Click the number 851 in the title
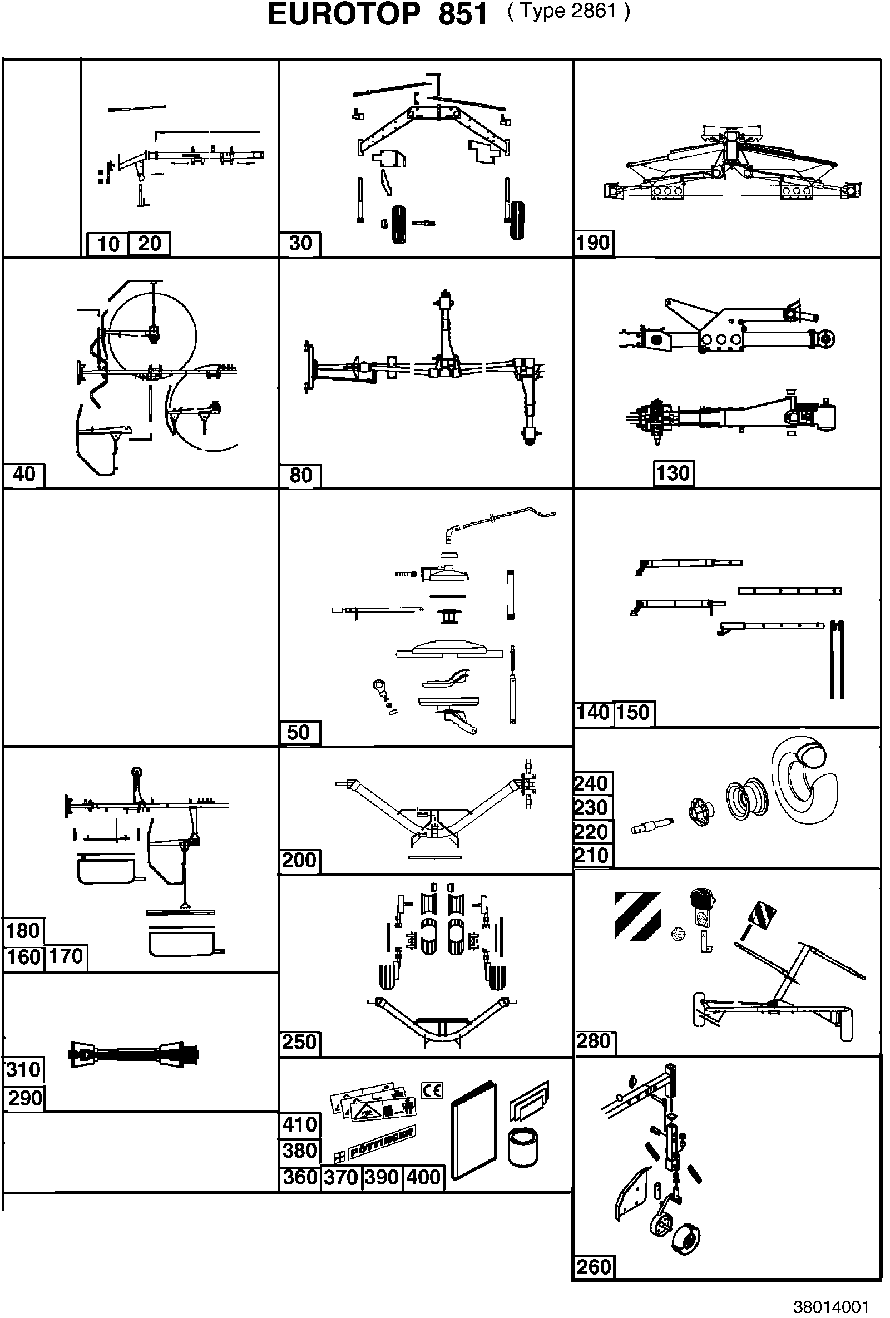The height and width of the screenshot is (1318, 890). (463, 15)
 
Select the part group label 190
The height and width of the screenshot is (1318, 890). (593, 243)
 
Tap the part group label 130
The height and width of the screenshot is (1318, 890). (673, 473)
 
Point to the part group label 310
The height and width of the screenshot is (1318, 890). (23, 1070)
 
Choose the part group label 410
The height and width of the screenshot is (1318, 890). (300, 1124)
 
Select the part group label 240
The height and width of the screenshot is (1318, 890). (591, 783)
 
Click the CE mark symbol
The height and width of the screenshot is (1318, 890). (432, 1090)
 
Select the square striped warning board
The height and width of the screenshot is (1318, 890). (637, 917)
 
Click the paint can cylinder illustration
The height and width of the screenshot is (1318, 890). (523, 1147)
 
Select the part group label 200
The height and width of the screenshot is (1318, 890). (299, 860)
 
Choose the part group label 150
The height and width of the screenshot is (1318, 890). (632, 712)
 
